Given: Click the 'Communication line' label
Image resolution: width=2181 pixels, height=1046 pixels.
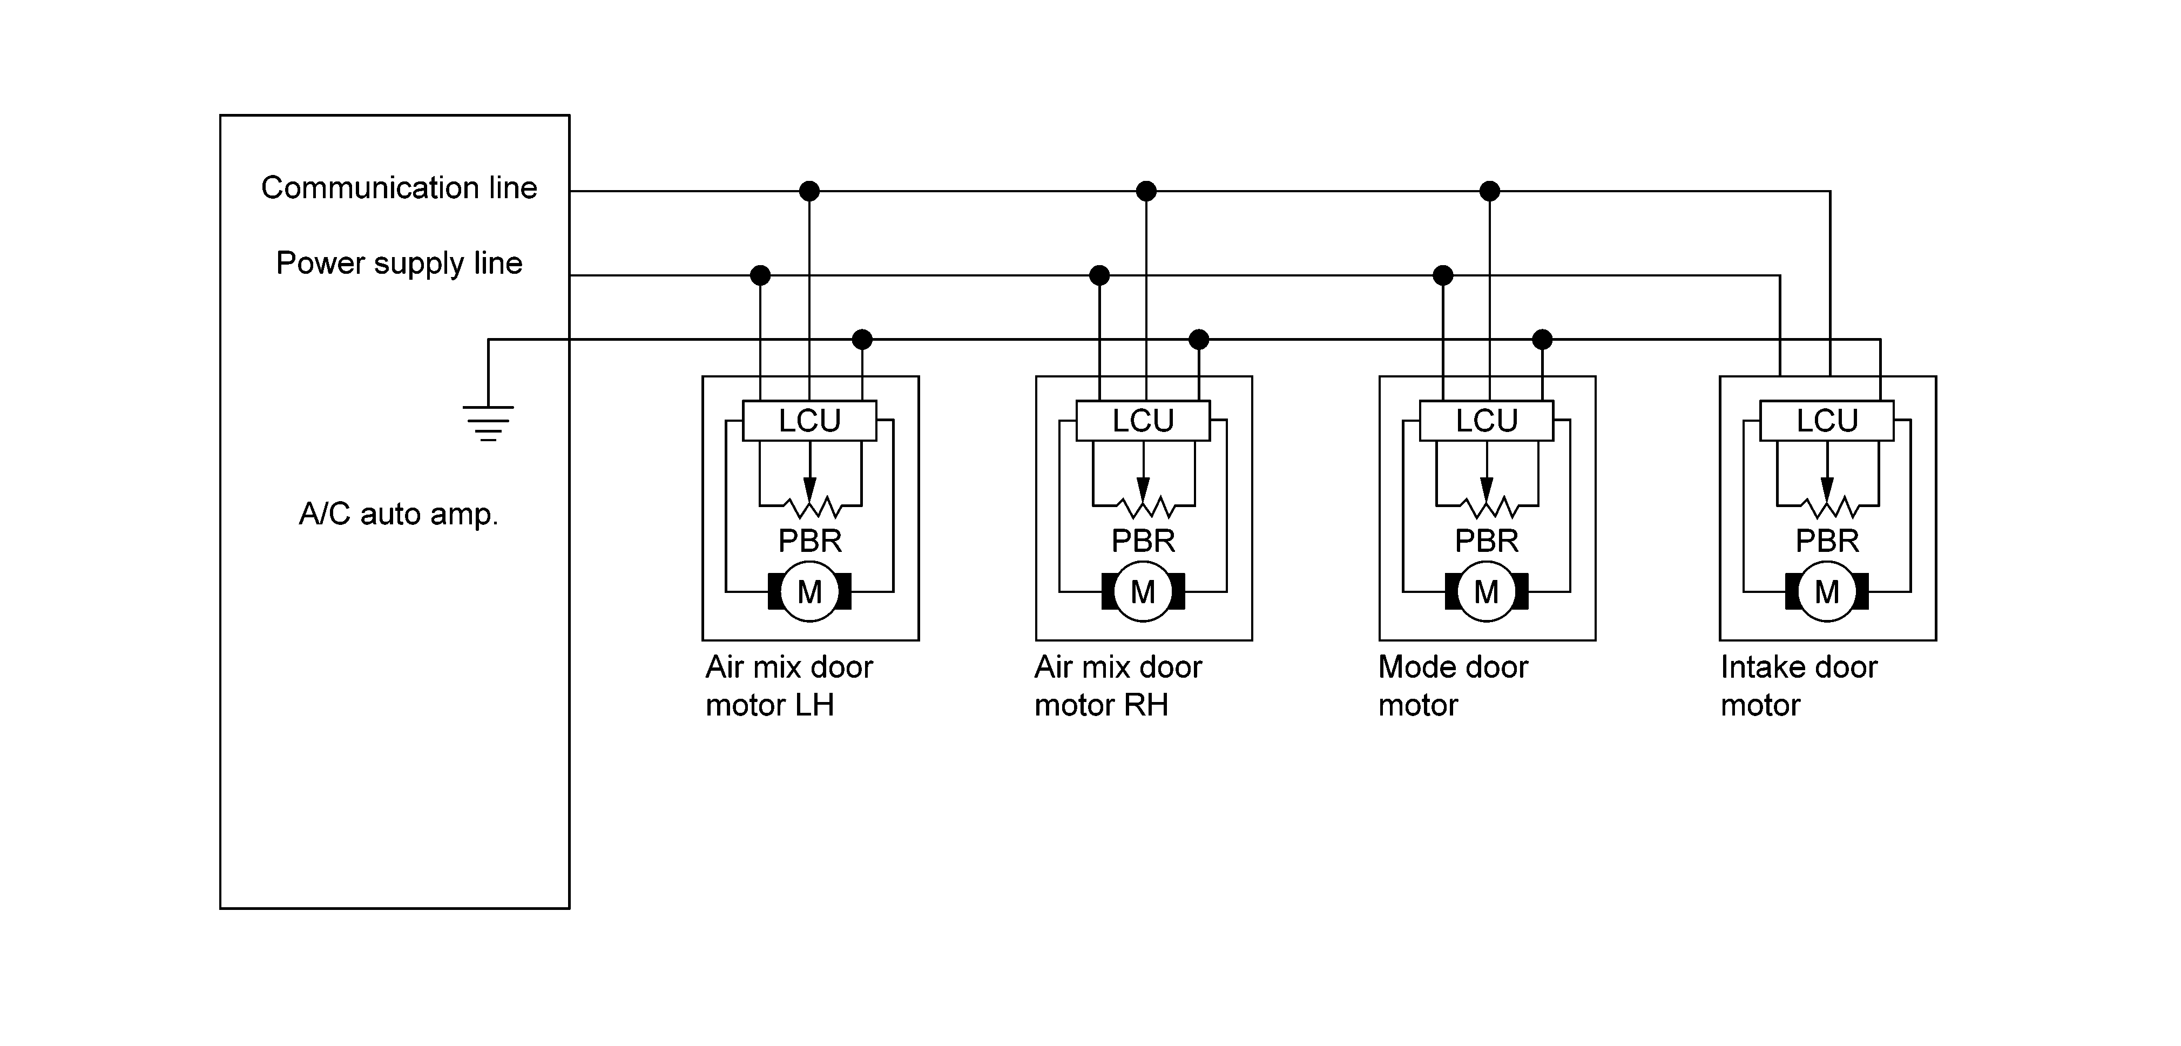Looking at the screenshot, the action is [399, 187].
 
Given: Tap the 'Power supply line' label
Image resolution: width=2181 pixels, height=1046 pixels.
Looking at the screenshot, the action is [399, 264].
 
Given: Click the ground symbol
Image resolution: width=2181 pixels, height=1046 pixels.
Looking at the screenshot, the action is [488, 423].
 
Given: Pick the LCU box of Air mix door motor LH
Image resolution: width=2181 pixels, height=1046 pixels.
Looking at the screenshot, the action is [809, 420].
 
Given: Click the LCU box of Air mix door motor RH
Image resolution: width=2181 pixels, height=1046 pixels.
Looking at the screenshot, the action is [1143, 420].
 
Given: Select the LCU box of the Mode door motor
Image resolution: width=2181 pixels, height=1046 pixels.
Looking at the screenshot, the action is [1487, 420].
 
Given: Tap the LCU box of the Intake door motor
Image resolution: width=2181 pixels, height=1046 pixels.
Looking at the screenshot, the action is [1827, 420].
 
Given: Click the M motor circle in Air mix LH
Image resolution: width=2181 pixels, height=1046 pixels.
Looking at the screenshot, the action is [809, 591].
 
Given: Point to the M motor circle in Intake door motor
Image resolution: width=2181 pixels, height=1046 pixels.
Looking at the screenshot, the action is [1827, 591].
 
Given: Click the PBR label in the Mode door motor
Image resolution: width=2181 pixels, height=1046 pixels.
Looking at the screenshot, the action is [1487, 541].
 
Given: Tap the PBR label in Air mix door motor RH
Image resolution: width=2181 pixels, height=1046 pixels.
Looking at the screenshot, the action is [1143, 541].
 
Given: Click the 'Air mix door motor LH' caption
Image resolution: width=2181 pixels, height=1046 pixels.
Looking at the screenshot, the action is [789, 686].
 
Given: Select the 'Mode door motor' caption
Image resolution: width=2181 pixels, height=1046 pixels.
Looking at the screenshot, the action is [1453, 686].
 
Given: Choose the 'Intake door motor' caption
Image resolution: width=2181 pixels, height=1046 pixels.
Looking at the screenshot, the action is [1798, 686].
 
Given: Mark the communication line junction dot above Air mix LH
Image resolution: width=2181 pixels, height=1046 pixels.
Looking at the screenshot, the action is [809, 191].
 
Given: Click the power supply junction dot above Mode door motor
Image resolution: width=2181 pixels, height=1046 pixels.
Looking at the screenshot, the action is [1443, 275].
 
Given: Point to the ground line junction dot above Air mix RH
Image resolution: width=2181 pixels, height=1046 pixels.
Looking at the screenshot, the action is [1199, 340].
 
